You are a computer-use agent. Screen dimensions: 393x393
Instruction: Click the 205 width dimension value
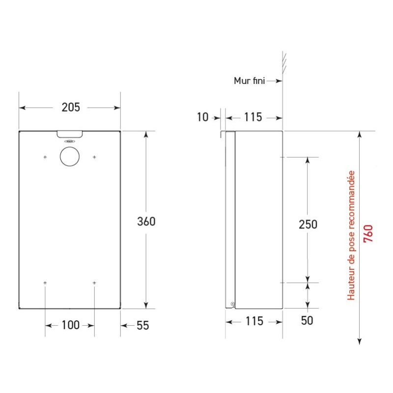69,107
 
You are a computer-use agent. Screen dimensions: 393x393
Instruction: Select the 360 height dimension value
146,222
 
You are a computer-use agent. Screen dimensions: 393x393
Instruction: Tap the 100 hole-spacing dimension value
69,325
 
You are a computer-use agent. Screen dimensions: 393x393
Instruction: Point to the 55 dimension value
141,325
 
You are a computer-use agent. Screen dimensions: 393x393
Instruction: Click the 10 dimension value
202,117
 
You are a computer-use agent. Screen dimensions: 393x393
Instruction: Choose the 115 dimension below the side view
254,322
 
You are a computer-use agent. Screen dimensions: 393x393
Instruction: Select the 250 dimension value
308,224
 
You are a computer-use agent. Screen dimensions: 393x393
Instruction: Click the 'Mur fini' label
249,81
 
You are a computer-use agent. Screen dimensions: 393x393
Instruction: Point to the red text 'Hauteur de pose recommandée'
351,236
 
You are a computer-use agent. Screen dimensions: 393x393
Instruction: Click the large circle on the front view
69,157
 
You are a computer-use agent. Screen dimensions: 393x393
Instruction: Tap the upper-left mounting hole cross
45,157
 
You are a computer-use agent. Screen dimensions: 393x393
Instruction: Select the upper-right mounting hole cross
94,157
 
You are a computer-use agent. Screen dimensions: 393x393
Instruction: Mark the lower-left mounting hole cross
45,283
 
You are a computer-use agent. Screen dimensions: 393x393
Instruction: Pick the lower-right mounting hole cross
94,283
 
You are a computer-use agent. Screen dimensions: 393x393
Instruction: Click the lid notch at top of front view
69,134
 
